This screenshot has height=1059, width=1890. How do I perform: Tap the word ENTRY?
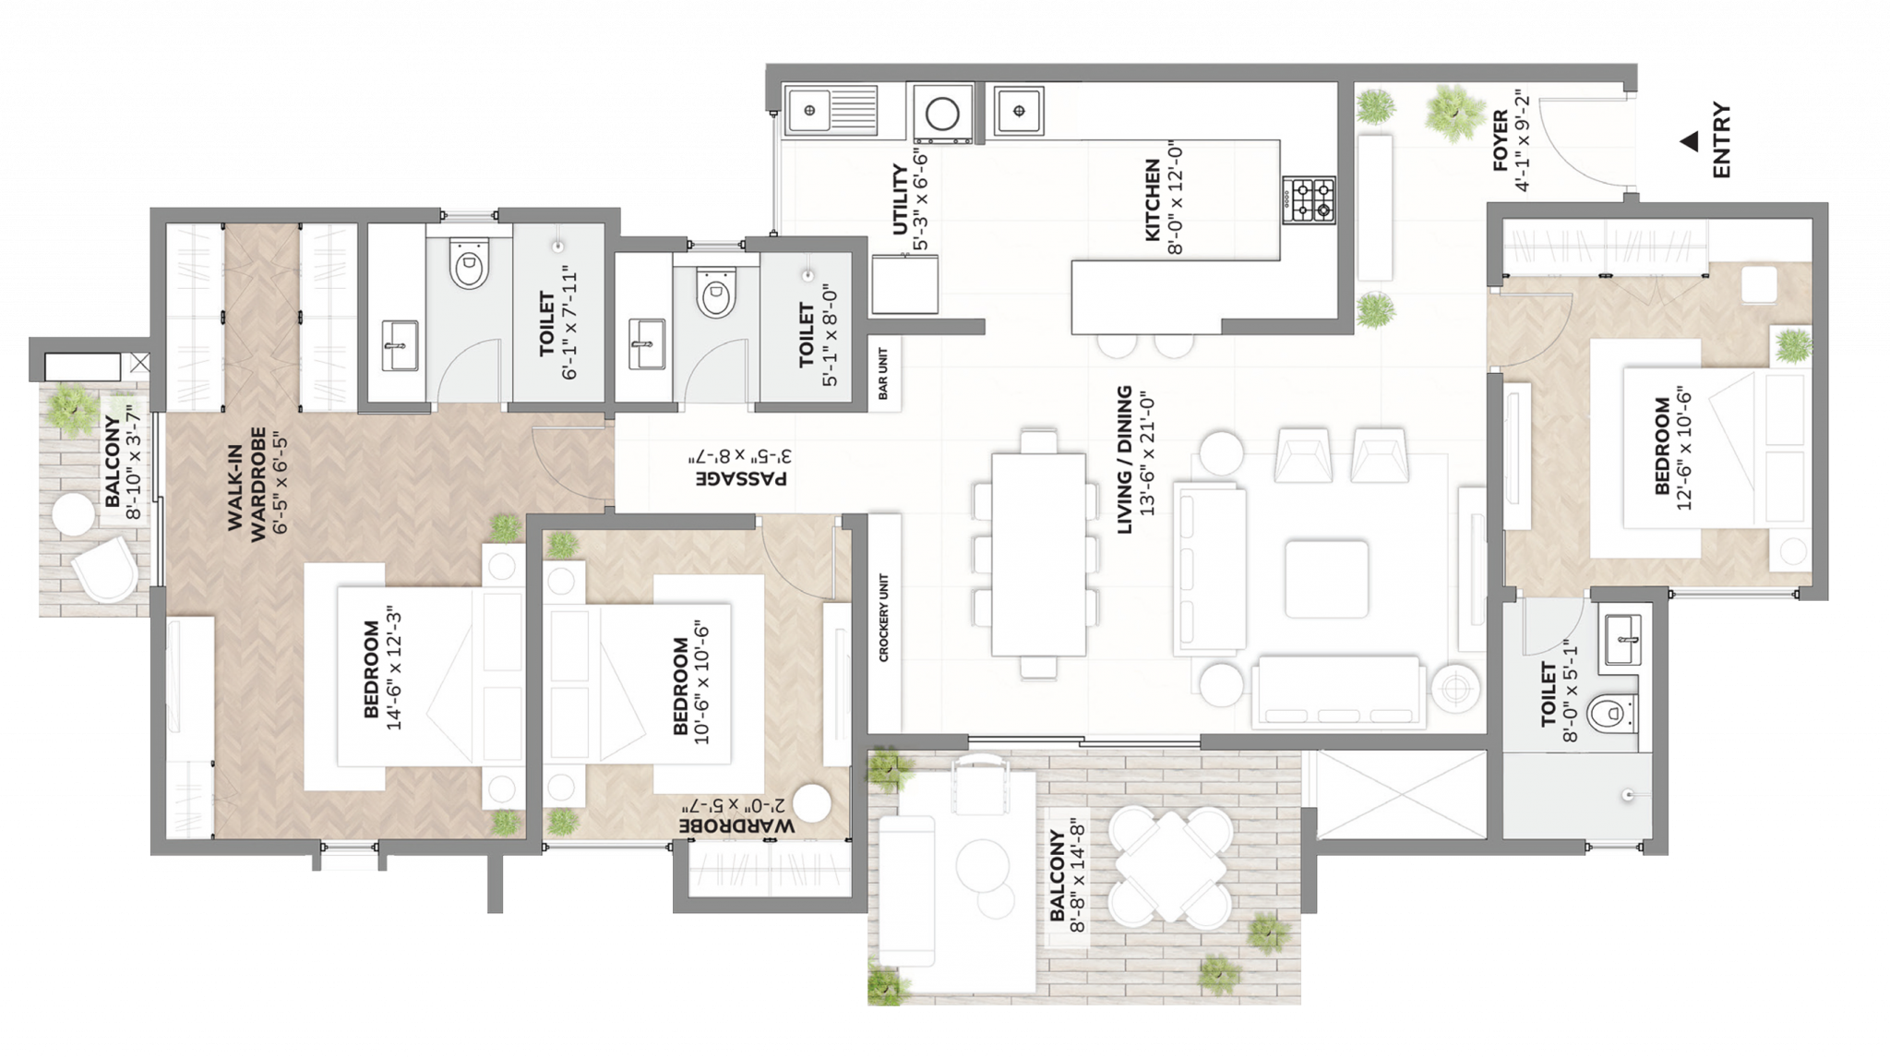[x=1721, y=140]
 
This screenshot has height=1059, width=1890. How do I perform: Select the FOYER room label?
[x=1501, y=140]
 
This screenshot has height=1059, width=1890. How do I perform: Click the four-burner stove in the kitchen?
[x=1309, y=199]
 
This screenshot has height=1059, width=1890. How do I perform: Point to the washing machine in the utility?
[x=942, y=114]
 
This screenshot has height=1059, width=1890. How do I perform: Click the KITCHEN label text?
[x=1152, y=199]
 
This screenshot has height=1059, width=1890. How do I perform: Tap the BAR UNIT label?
[x=883, y=374]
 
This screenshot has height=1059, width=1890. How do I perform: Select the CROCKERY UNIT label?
[x=883, y=618]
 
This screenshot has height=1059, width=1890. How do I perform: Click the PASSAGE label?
[x=741, y=478]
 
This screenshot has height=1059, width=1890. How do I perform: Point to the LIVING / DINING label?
[x=1124, y=459]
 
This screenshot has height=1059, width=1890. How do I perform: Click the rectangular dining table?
[x=1038, y=554]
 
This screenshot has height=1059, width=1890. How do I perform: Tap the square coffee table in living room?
[x=1326, y=579]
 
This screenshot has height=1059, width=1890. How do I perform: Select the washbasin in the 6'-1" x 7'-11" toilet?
[x=400, y=344]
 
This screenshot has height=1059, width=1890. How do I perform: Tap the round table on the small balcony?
[x=74, y=514]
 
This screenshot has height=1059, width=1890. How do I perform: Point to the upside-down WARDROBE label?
[x=736, y=825]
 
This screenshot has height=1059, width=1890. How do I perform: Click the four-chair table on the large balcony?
[x=1169, y=867]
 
